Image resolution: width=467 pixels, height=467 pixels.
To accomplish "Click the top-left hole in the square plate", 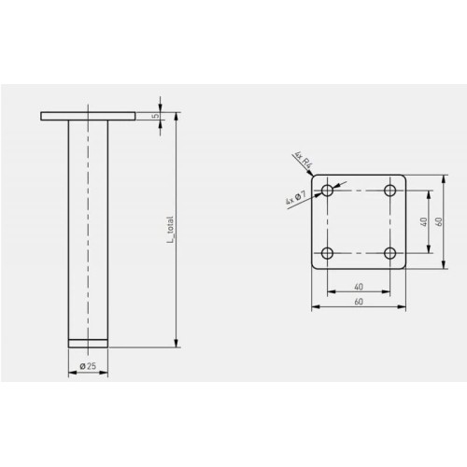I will click(x=327, y=191).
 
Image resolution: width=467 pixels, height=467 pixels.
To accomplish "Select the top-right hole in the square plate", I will click(x=390, y=191).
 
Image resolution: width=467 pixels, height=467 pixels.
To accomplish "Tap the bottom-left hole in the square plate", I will click(x=327, y=253).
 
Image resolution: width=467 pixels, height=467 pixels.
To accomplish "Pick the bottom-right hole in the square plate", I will click(x=390, y=253).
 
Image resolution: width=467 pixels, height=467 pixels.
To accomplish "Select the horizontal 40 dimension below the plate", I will click(x=359, y=287).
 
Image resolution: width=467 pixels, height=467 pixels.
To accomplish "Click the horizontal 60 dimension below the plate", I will click(x=359, y=303).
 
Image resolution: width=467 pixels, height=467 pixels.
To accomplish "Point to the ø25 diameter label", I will click(x=89, y=366).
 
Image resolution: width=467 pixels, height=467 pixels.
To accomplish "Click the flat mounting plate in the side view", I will click(x=89, y=116).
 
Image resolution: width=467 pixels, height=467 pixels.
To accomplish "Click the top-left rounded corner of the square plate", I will click(x=315, y=177).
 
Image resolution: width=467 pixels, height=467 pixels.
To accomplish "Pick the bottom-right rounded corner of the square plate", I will click(x=403, y=266).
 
